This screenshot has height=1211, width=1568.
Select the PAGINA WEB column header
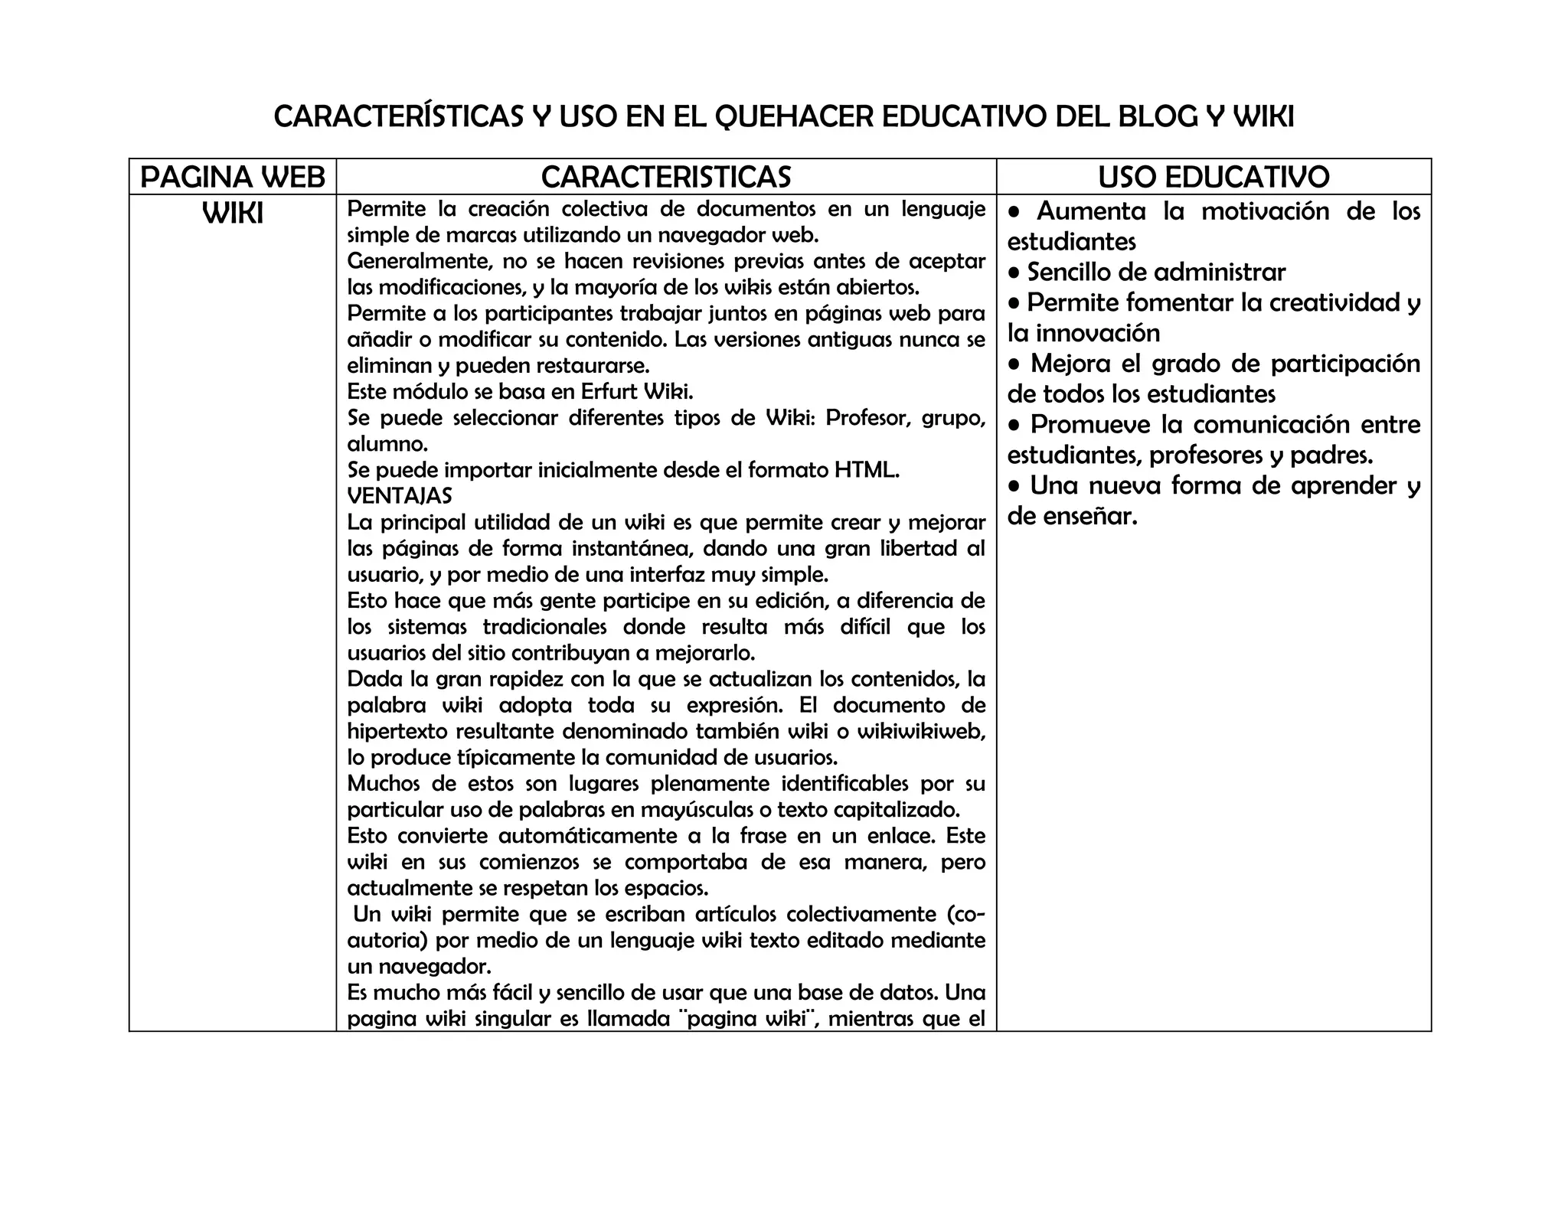233,178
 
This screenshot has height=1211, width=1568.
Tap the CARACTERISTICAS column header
666,178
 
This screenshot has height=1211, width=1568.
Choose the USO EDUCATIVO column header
1214,178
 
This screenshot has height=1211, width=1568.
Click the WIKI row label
233,214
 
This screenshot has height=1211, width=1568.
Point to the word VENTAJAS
400,496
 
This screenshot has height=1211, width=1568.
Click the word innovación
1098,333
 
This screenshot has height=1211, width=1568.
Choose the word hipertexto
398,731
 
